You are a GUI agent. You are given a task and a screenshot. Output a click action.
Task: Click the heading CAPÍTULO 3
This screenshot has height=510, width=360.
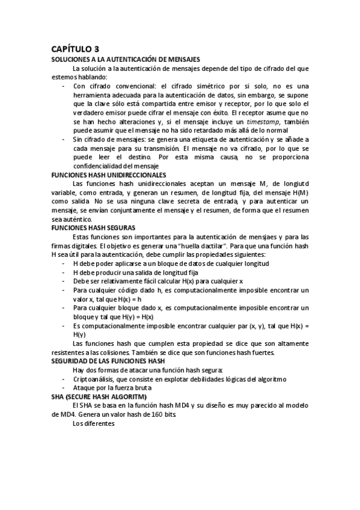click(75, 49)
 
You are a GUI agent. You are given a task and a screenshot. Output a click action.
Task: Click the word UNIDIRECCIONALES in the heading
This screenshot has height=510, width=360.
click(133, 174)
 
